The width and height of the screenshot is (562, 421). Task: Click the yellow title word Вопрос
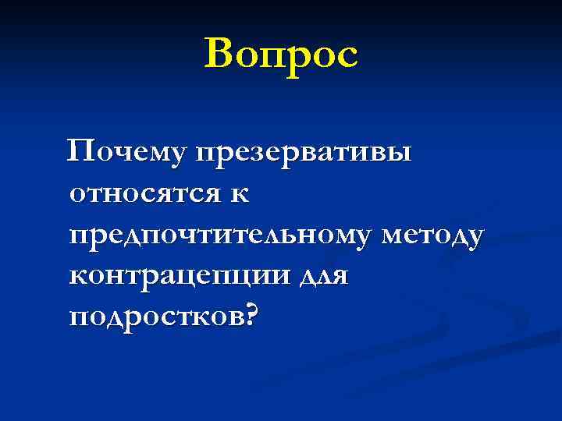click(282, 55)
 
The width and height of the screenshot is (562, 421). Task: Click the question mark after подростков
click(248, 314)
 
